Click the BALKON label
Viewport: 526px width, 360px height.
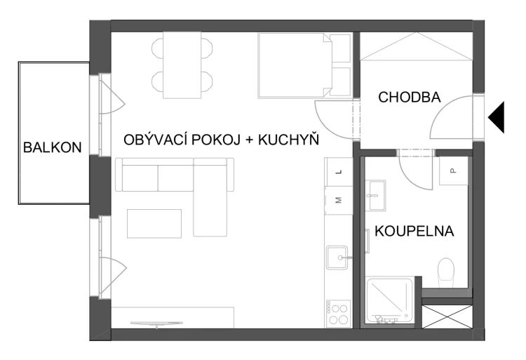tap(52, 147)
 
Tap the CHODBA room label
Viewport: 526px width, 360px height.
tap(410, 98)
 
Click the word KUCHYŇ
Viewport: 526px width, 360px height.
tap(289, 140)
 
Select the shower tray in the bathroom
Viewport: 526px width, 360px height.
tap(390, 300)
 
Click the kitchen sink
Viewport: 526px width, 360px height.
tap(339, 259)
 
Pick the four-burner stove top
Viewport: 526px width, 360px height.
tap(339, 312)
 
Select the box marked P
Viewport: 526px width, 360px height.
tap(453, 171)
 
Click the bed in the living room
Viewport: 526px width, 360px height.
tap(295, 65)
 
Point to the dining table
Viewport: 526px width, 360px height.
tap(182, 66)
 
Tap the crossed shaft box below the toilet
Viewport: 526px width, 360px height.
tap(447, 313)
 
